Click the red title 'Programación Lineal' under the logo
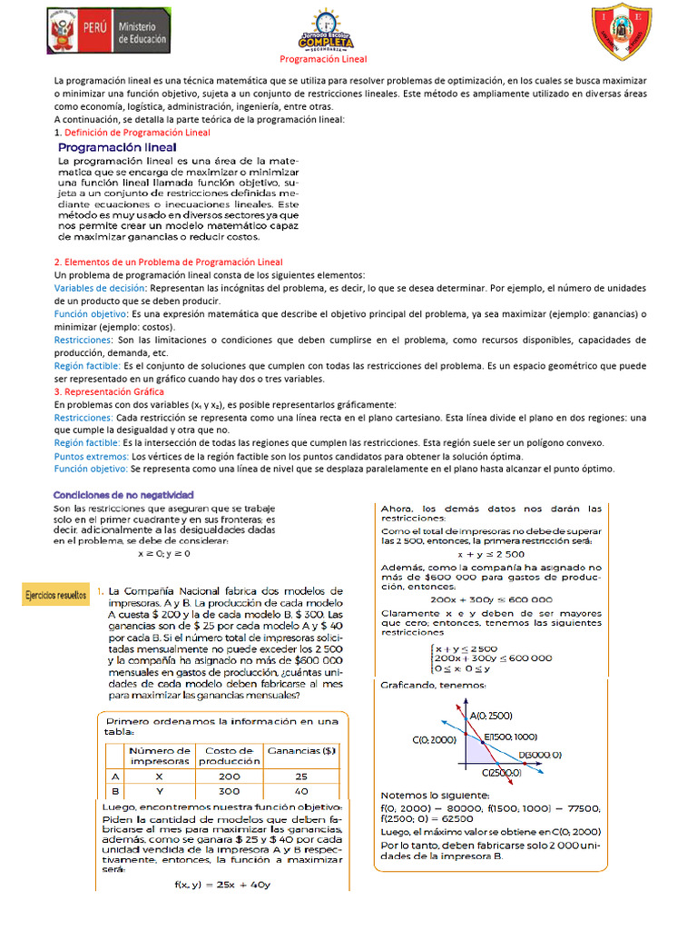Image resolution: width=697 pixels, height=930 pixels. coord(322,60)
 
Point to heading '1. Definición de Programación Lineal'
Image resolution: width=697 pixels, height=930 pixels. coord(132,133)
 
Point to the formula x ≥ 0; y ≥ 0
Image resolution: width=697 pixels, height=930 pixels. coord(164,552)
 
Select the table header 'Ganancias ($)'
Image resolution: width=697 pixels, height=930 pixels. coord(301,750)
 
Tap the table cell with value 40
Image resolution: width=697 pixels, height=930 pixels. coord(301,792)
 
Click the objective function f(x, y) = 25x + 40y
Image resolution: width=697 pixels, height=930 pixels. coord(222,884)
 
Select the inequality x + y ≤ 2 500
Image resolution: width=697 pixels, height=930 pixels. coord(490,554)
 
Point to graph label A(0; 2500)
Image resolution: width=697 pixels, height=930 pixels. coord(491,716)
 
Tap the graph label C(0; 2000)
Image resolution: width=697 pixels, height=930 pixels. coord(434,740)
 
